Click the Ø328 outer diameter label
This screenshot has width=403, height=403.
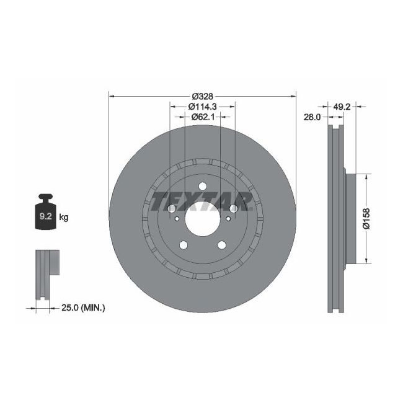202,96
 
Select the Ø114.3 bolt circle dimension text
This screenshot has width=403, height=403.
202,106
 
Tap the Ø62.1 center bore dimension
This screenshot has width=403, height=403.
202,116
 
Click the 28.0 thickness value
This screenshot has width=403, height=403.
311,117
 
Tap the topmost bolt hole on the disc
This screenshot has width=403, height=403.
202,187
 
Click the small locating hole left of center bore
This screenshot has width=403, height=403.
177,218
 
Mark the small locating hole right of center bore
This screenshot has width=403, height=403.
228,218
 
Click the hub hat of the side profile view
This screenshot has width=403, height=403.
351,218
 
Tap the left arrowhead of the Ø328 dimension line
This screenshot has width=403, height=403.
112,96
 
